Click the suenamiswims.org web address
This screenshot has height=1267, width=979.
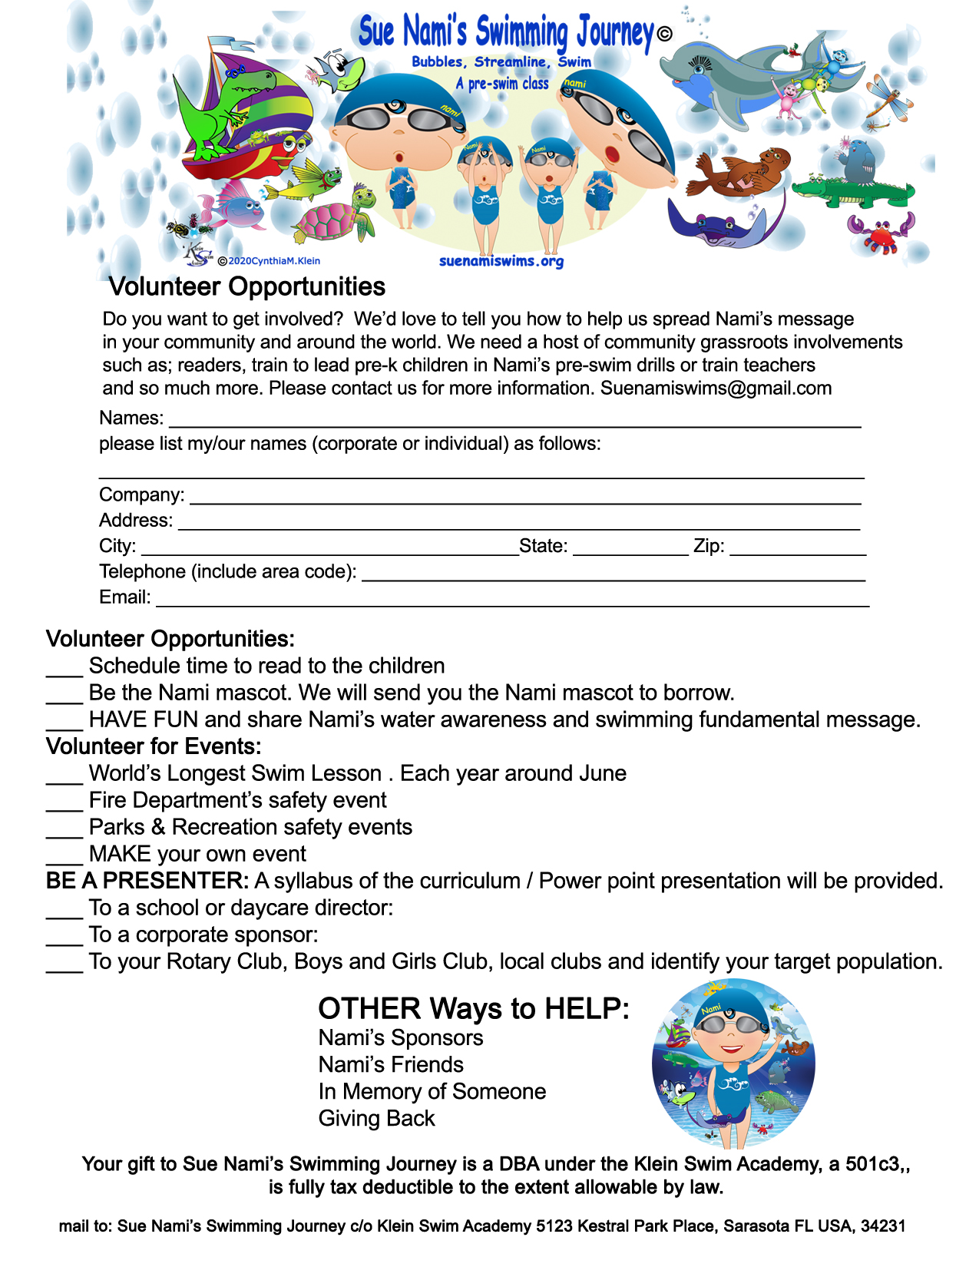pos(501,261)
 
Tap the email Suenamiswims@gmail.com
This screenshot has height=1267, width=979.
pos(716,389)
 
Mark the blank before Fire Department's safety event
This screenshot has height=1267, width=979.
pos(64,803)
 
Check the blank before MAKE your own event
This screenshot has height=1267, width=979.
pos(64,857)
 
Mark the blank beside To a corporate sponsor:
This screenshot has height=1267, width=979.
pos(64,938)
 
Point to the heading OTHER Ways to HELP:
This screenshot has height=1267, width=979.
pos(474,1009)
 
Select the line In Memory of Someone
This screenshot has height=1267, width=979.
pos(432,1092)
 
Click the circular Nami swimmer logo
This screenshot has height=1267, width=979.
pos(733,1064)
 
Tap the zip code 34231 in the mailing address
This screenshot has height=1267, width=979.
pos(883,1226)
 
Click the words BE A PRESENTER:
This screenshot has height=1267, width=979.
pos(147,881)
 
